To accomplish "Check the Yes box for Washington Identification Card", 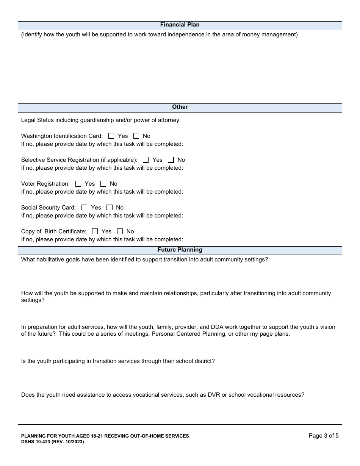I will pos(111,136).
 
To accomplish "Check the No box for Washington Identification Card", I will pos(136,136).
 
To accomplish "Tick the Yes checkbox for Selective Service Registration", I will pos(146,160).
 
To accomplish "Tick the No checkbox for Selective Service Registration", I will pos(171,160).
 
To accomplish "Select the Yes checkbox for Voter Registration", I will pos(78,184).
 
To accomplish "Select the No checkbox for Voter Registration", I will pos(103,184).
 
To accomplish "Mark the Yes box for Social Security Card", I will pos(85,208).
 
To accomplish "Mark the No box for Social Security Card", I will pos(110,208).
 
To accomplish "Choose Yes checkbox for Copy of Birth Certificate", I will pos(95,231).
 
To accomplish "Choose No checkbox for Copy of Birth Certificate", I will pos(120,231).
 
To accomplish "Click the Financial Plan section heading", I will pos(180,25).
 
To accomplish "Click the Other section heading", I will pos(180,107).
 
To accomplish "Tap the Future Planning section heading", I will pos(180,250).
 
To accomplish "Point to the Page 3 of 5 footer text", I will pos(324,436).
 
